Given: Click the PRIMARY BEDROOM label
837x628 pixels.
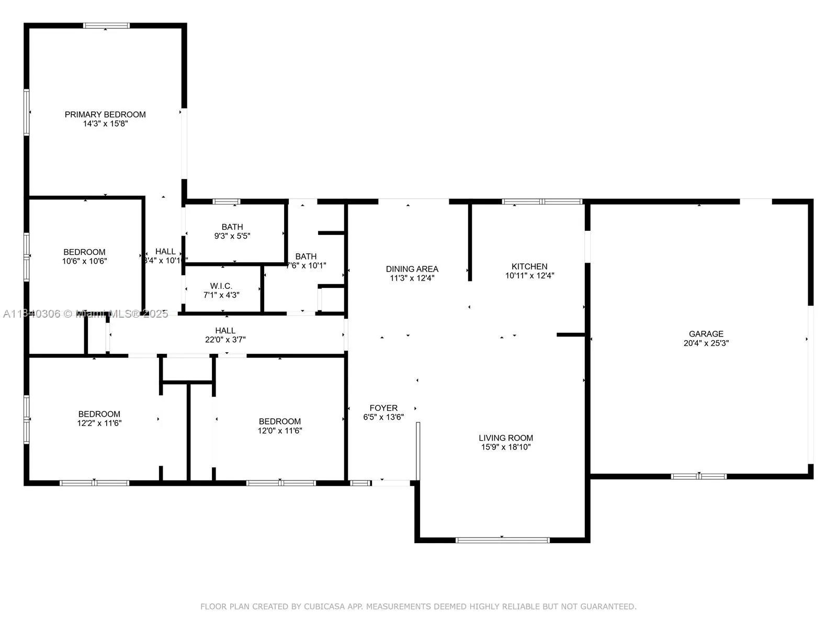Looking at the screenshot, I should pos(105,114).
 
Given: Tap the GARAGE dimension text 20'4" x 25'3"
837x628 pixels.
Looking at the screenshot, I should pos(706,343).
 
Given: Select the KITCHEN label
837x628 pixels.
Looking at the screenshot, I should pos(529,266).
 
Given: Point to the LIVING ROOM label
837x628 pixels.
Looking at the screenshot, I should pos(506,438).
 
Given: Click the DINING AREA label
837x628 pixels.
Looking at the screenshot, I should pos(412,269).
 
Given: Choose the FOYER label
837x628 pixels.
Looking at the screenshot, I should pos(383,408).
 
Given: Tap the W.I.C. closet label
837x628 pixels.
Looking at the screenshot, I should pos(221,286).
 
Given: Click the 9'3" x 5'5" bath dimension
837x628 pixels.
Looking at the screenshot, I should pos(232,236).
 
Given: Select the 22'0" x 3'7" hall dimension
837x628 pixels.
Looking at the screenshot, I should pos(225,340).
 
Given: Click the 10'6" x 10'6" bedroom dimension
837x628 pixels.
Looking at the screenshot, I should pos(84,261).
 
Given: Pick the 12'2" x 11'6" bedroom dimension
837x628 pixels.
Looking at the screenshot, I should pos(99,423).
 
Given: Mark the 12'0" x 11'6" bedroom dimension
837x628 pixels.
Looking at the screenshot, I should pos(279,431).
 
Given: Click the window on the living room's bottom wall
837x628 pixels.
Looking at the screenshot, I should pos(502,540).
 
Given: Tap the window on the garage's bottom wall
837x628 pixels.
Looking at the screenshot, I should pos(699,476).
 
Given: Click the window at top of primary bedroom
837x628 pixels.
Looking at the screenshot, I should pos(106,26).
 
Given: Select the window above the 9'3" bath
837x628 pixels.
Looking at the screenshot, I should pos(226,201).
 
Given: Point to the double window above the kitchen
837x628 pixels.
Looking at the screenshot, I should pos(542,201).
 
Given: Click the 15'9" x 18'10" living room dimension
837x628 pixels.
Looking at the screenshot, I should pos(506,447).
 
